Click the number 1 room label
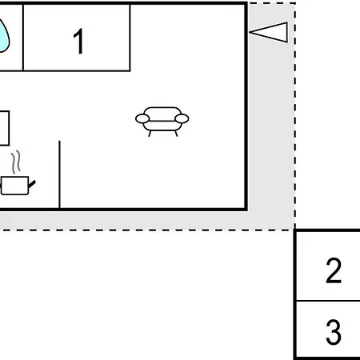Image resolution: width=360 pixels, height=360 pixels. (x=78, y=41)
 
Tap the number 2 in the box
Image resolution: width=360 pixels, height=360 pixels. (x=334, y=270)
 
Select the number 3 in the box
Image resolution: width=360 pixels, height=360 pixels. (x=334, y=332)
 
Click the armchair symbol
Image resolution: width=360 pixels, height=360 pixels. (x=162, y=122)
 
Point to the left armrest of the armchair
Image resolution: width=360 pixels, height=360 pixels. (x=142, y=118)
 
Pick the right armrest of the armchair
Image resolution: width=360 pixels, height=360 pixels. (x=182, y=118)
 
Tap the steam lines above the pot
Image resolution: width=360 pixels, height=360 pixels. (x=16, y=162)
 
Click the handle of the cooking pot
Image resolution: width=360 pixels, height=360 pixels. (x=32, y=184)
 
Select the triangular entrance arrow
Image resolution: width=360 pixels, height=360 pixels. (x=269, y=32)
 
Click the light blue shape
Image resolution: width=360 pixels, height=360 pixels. (x=4, y=36)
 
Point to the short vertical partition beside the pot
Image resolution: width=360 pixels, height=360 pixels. (x=59, y=174)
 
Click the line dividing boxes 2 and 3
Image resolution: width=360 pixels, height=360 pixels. (x=328, y=301)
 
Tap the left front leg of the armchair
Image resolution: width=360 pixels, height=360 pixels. (x=150, y=134)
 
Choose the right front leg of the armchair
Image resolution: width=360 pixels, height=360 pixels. (x=176, y=134)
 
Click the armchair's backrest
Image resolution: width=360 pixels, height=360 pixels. (x=162, y=112)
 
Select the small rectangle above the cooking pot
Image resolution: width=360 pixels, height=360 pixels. (x=5, y=128)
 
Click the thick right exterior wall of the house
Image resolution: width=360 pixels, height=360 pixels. (x=246, y=106)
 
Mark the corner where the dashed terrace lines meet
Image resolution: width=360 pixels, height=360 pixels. (x=294, y=230)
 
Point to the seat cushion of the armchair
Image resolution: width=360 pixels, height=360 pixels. (x=162, y=126)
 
